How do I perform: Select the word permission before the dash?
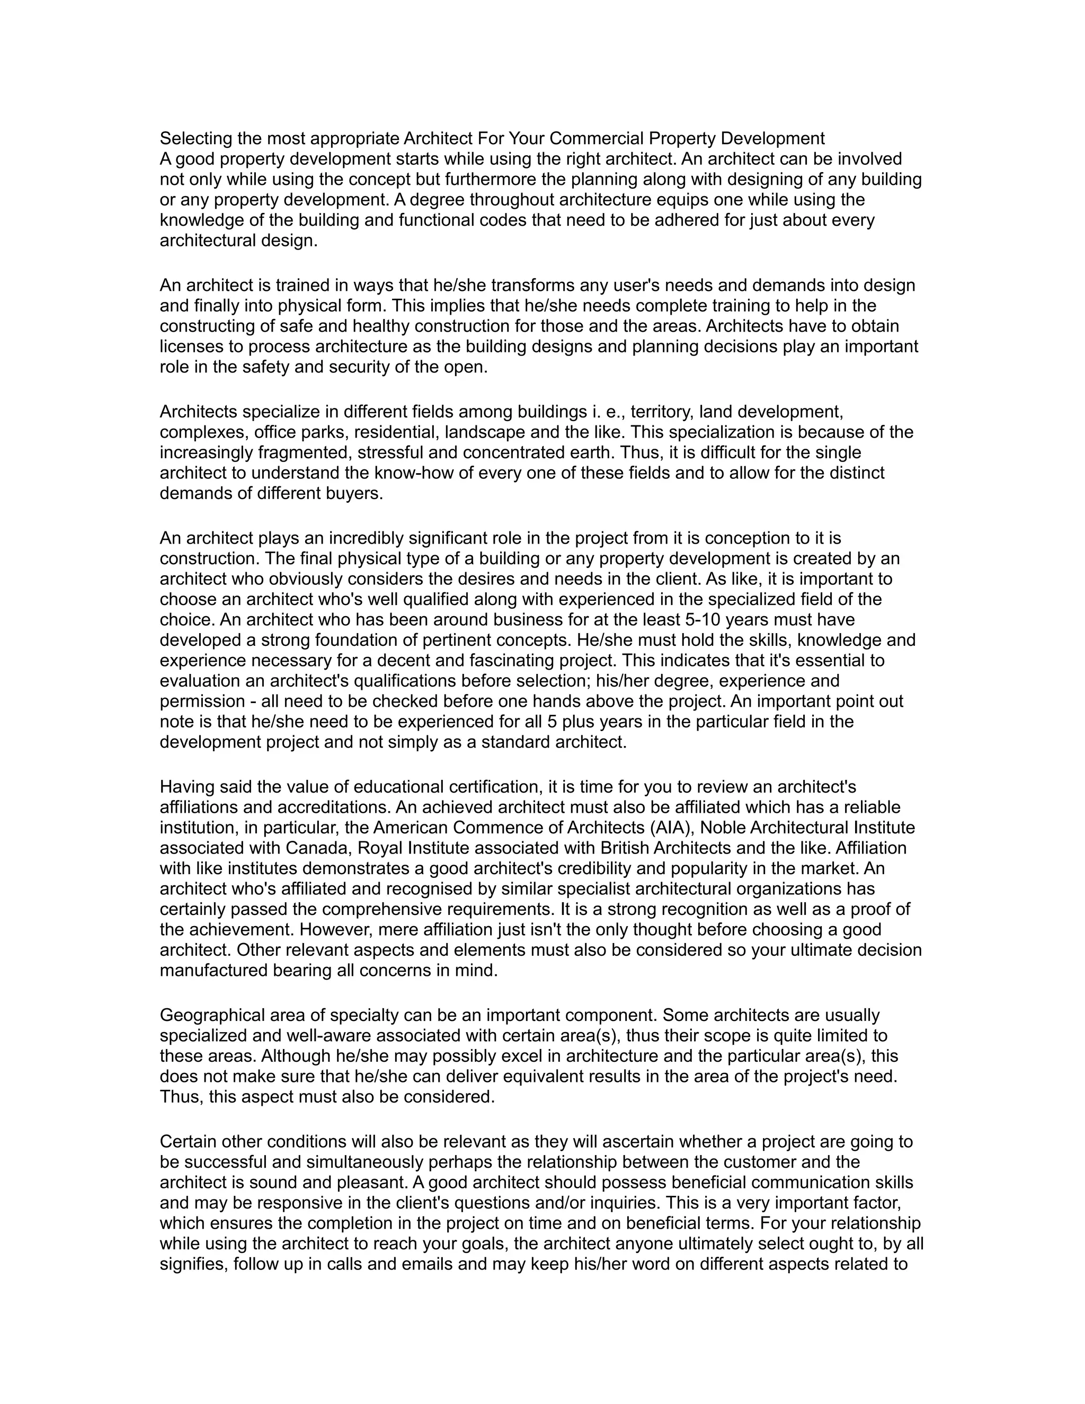[202, 701]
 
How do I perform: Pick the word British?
[611, 848]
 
